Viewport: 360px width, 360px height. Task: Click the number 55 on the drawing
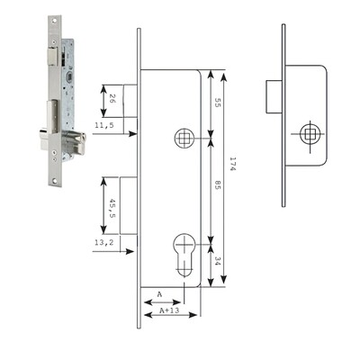click(218, 104)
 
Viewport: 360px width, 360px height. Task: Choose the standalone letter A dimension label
click(158, 294)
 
